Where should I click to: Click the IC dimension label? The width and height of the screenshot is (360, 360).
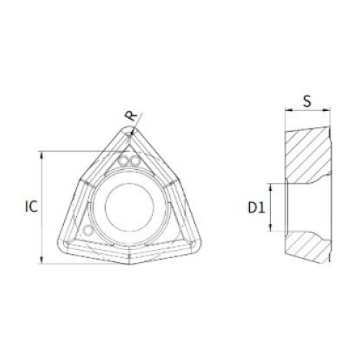[x=32, y=206]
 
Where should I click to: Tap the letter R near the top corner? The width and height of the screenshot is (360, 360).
[x=132, y=117]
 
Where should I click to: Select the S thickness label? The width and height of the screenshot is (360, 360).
[x=307, y=101]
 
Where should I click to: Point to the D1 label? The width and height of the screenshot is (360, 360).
[x=256, y=207]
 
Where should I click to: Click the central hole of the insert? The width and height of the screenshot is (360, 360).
[x=129, y=207]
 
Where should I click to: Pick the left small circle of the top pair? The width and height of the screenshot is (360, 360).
[x=125, y=161]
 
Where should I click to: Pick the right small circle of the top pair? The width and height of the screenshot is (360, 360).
[x=135, y=161]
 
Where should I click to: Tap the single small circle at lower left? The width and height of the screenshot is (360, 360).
[x=88, y=230]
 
